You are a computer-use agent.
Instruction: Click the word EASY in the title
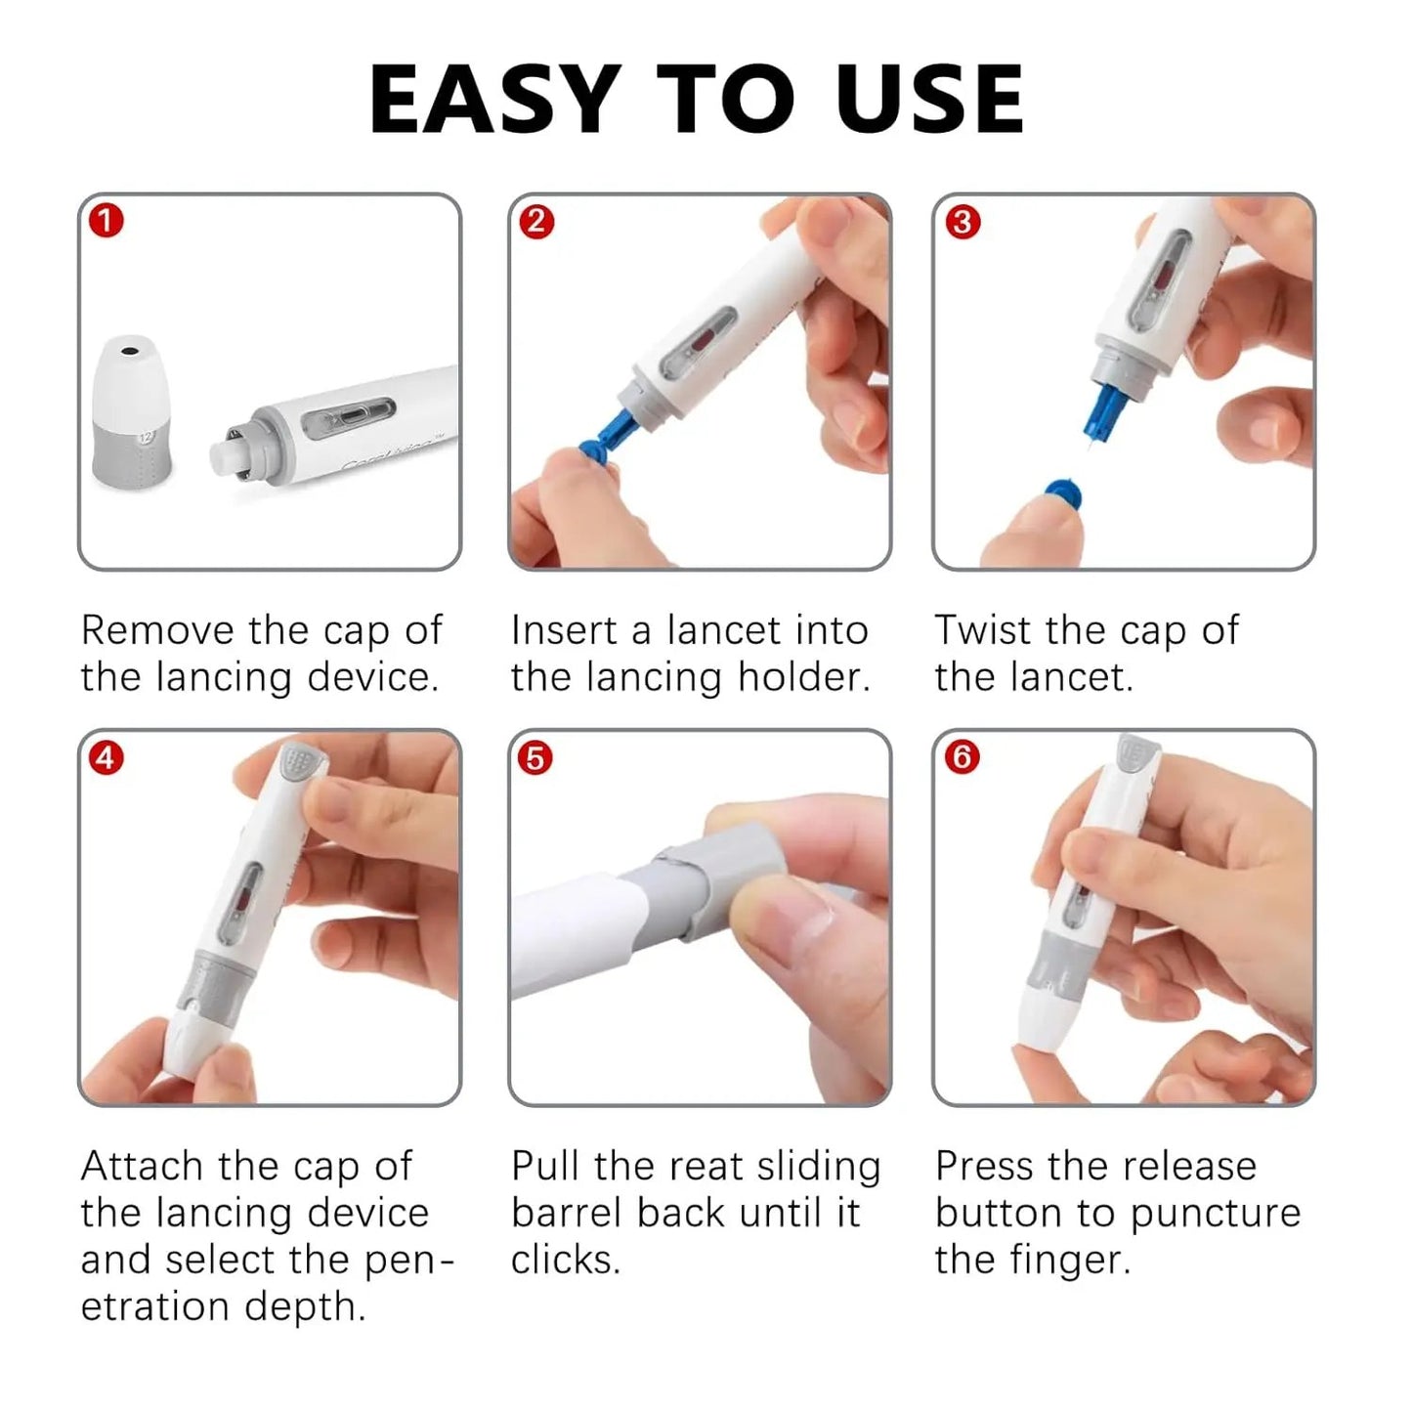click(x=494, y=99)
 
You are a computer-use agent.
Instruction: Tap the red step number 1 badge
click(x=107, y=221)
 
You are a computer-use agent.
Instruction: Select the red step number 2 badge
click(x=535, y=221)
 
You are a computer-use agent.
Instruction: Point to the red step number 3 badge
click(x=962, y=222)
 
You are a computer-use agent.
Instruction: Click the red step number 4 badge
click(x=107, y=757)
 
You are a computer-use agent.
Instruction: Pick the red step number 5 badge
click(x=535, y=757)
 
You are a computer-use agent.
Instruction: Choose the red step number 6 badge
click(x=962, y=756)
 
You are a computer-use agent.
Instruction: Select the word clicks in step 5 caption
click(x=565, y=1260)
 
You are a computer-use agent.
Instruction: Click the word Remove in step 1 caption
click(x=156, y=629)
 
